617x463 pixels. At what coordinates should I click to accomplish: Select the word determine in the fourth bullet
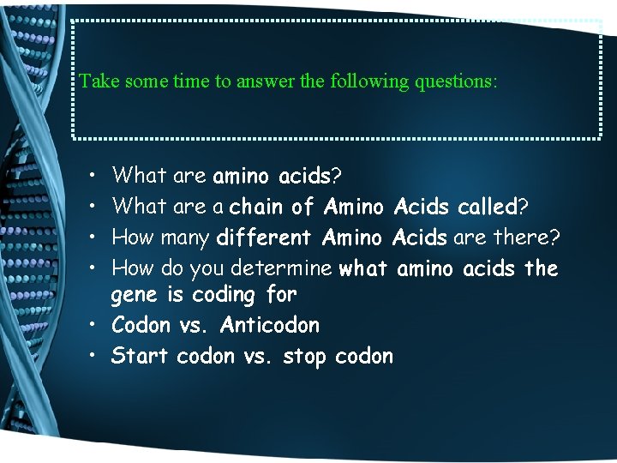click(291, 268)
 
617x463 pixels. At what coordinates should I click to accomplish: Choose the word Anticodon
click(269, 326)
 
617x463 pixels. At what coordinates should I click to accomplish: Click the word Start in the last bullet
click(140, 356)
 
